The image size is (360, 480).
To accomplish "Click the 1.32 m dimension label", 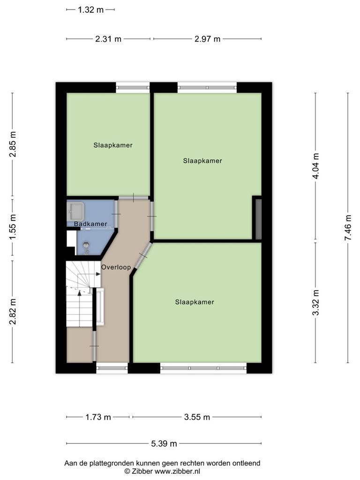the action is pos(90,10).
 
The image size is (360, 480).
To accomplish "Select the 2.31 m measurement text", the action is pos(108,39).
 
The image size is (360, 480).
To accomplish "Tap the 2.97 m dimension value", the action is pos(207,39).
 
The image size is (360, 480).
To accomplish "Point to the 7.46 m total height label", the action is pos(348,227).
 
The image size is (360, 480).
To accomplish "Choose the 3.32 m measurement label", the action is pos(315,302).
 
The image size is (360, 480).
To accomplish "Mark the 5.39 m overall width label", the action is pos(164,443).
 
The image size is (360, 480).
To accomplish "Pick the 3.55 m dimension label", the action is pos(197,417).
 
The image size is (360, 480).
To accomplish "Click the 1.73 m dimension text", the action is pos(98,417).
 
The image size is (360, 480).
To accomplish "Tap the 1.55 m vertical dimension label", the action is pos(13,227).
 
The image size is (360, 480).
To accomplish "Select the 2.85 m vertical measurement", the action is pos(13,144).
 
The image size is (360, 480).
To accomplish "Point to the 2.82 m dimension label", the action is pos(13,312).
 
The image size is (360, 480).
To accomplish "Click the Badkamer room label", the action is pos(90,224).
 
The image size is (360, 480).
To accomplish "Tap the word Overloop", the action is pos(116,267).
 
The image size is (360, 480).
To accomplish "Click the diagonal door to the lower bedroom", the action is pos(143,255).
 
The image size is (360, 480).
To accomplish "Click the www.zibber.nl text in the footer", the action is pos(177,472).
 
